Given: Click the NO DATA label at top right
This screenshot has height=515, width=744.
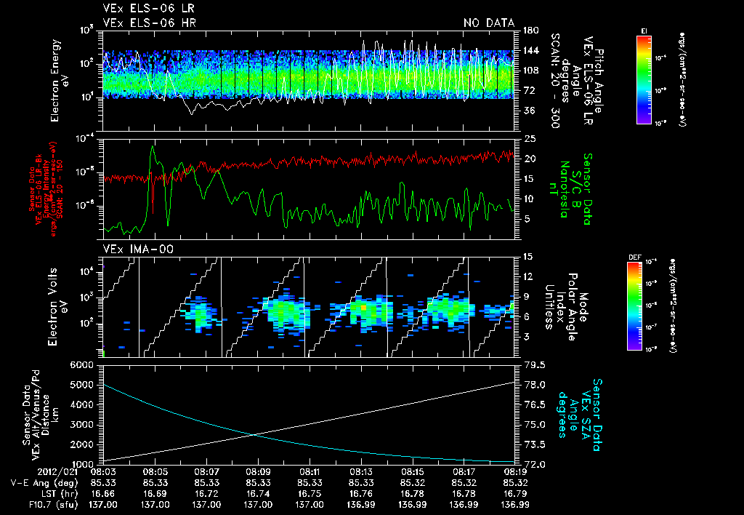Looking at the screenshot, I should click(x=489, y=23).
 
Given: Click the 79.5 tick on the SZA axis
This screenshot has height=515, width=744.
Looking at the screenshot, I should click(x=532, y=364).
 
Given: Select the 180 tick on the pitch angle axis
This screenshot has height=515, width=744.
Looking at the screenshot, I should click(x=529, y=31).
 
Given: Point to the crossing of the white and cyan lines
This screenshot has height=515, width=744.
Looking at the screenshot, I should click(x=254, y=435).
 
